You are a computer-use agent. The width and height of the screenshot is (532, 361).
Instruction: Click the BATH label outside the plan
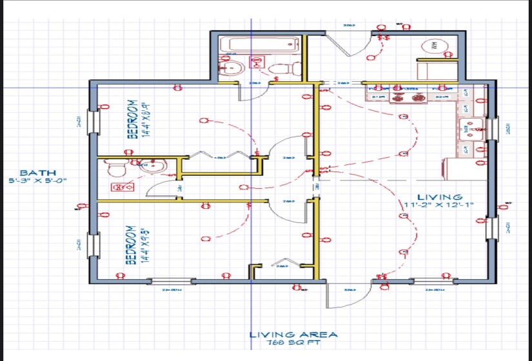click(37, 173)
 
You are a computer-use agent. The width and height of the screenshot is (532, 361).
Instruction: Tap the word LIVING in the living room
click(439, 197)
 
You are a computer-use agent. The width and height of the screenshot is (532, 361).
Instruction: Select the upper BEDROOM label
click(132, 119)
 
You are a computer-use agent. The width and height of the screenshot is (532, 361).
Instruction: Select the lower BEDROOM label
click(130, 244)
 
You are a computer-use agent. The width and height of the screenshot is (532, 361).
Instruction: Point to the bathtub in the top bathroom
click(258, 44)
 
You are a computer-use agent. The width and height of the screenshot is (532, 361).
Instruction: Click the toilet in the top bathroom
click(281, 67)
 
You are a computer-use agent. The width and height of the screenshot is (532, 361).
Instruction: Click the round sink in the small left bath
click(155, 166)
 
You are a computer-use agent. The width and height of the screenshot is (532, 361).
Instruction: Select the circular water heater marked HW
click(433, 46)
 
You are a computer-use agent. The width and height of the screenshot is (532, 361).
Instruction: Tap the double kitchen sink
click(473, 128)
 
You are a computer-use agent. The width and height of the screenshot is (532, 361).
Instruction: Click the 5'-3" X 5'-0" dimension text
click(37, 181)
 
